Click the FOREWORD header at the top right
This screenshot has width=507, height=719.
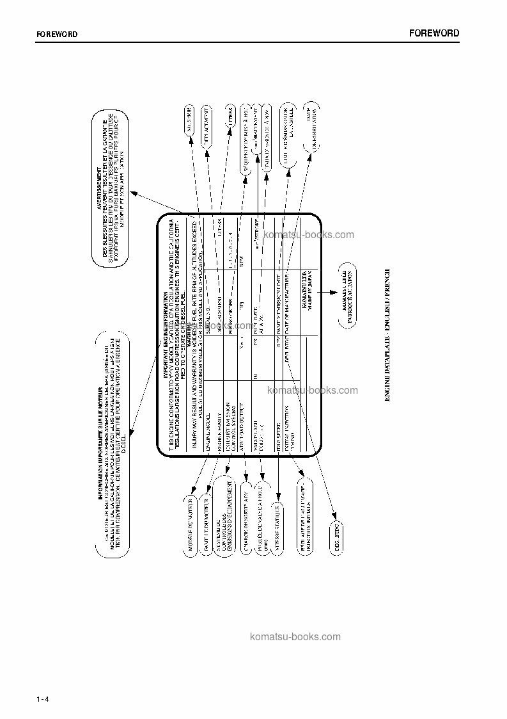click(433, 33)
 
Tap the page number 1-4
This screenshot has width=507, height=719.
click(43, 699)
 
